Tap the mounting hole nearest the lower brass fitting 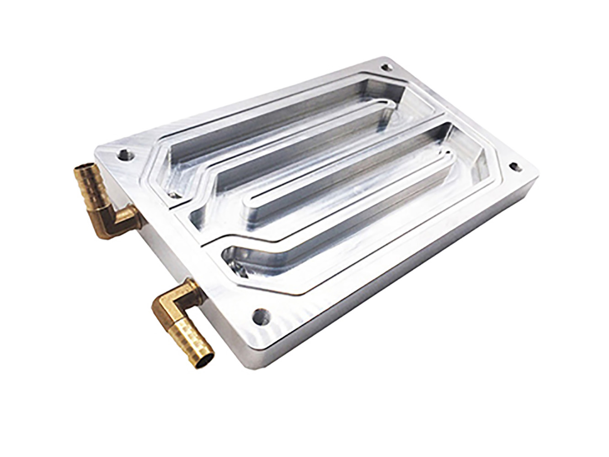click(x=259, y=315)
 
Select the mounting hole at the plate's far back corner click(x=387, y=67)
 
